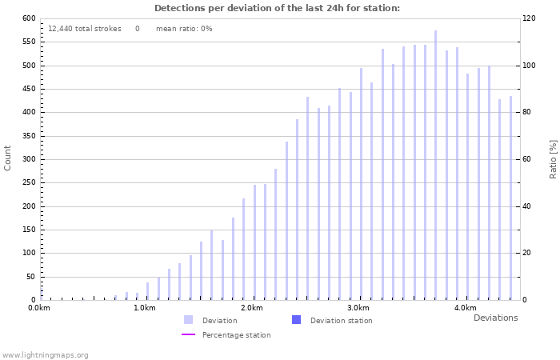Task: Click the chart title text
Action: coord(277,8)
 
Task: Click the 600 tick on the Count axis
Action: coord(28,18)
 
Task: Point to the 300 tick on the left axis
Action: coord(28,159)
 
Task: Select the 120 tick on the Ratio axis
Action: coord(530,18)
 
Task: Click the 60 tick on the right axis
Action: coord(528,159)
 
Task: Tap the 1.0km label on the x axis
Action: coord(144,308)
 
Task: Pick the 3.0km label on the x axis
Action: coord(358,308)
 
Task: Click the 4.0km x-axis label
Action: coord(465,308)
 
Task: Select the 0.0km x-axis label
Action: coord(39,308)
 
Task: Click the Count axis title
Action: coord(8,158)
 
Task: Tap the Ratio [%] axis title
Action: coord(553,158)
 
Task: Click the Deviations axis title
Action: coord(495,318)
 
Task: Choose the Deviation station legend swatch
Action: coord(297,320)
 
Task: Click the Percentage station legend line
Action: coord(189,335)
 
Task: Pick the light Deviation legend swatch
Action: coord(189,320)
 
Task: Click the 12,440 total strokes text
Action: coord(84,29)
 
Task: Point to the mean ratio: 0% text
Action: coord(184,29)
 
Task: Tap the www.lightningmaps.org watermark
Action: coord(45,355)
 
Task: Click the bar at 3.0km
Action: coord(361,184)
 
